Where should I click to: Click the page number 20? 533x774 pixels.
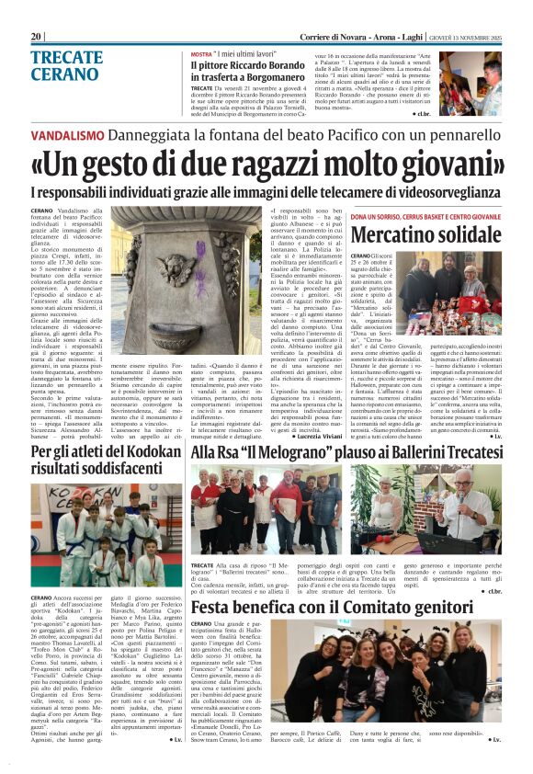click(37, 36)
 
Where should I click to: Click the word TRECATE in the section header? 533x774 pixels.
click(67, 57)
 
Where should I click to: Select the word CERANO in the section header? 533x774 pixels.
click(63, 74)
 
